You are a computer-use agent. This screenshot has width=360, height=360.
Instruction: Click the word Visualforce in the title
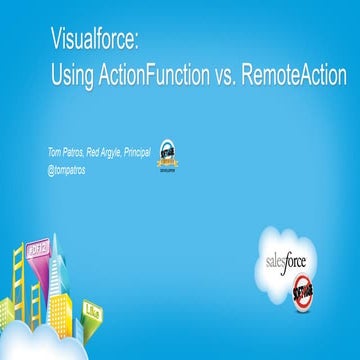click(x=93, y=42)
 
